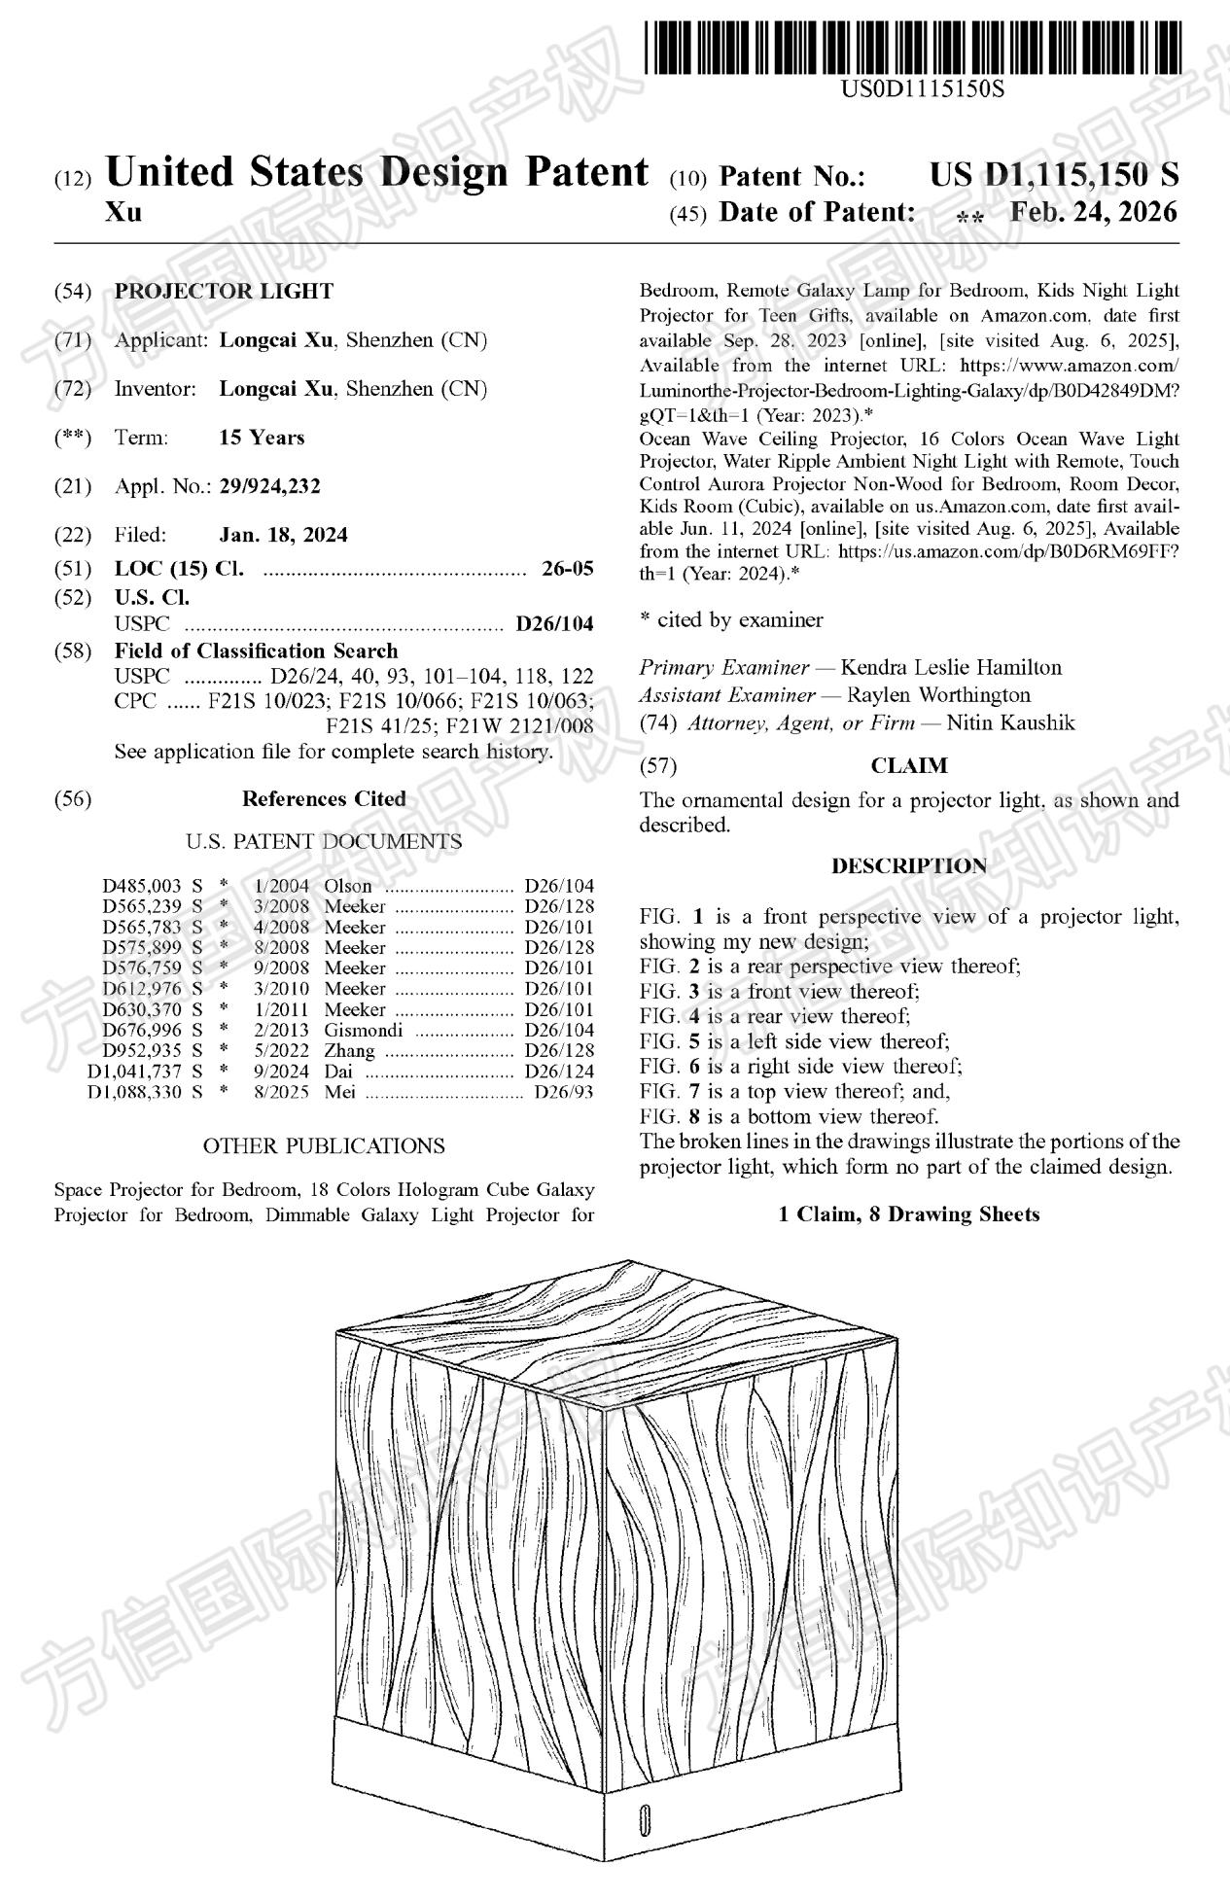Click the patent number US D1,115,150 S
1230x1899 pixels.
coord(1054,175)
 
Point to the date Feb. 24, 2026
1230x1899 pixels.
coord(1093,212)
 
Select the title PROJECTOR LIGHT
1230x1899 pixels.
coord(224,292)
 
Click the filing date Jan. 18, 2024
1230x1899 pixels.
coord(283,535)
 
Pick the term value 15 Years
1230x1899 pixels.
coord(262,438)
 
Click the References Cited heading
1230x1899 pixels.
coord(324,799)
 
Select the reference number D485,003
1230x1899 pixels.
coord(142,886)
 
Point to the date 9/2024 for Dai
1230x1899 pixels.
coord(281,1072)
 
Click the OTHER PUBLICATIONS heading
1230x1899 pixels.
coord(324,1146)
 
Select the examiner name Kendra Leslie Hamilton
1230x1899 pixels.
coord(951,668)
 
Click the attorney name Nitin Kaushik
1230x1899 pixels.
coord(1010,722)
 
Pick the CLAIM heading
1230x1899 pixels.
coord(909,766)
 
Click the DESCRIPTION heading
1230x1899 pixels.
coord(909,865)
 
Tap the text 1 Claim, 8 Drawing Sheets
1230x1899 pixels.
coord(909,1214)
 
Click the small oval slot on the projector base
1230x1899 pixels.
coord(644,1820)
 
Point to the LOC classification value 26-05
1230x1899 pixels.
coord(567,569)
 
